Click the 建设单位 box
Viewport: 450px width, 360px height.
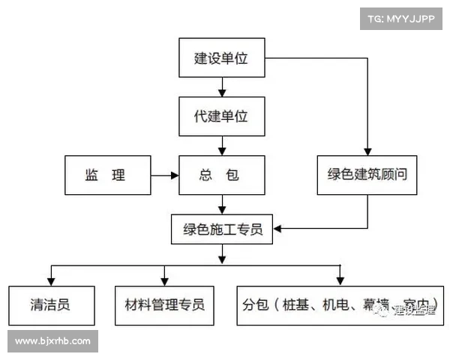point(222,58)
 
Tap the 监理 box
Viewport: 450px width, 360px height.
point(107,175)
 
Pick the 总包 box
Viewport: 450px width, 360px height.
point(222,175)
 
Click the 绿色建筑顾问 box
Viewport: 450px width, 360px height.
point(367,175)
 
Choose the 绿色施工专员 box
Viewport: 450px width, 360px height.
point(222,229)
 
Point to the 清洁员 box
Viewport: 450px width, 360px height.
point(51,305)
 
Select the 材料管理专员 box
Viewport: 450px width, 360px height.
point(164,305)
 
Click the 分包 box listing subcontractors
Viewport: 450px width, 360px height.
point(340,305)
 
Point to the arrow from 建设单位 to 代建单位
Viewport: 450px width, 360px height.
point(222,86)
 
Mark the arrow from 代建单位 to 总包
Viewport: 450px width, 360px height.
point(222,145)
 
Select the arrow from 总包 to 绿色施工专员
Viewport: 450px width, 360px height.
point(222,204)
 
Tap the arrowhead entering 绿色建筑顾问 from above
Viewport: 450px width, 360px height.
point(367,151)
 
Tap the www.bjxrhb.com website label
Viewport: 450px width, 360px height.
point(52,341)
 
